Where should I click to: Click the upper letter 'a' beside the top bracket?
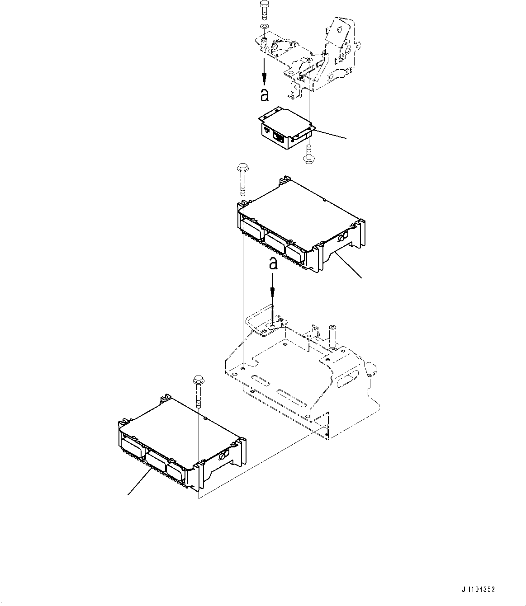[x=264, y=94]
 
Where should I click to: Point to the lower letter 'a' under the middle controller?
[x=273, y=263]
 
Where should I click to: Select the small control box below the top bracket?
[x=284, y=129]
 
